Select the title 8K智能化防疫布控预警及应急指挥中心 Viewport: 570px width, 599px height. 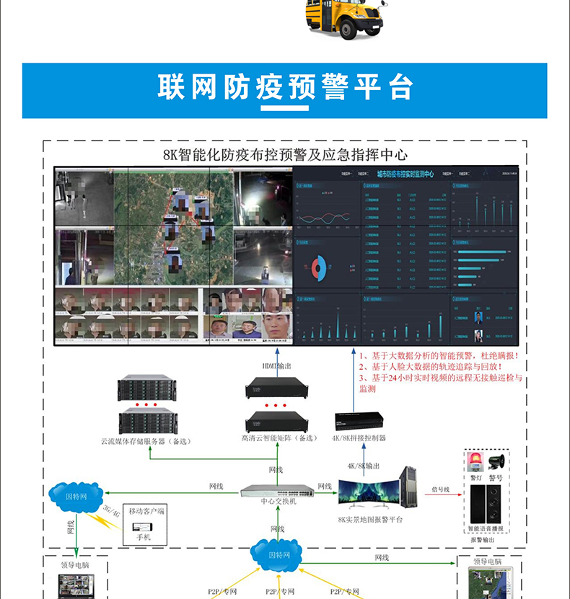pos(285,155)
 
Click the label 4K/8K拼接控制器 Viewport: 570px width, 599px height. pos(359,438)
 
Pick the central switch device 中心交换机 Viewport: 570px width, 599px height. pos(278,491)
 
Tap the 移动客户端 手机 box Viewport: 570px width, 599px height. pos(146,523)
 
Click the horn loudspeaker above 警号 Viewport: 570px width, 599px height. pos(496,462)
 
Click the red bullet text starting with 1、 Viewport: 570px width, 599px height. pos(439,356)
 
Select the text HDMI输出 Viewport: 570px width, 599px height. pos(276,366)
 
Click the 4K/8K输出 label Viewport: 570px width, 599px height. pos(363,466)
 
